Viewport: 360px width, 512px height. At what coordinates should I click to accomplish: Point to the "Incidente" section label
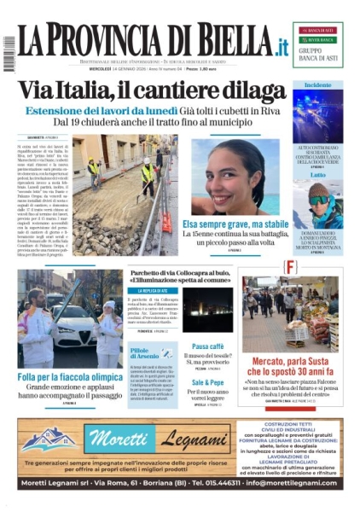[x=317, y=85]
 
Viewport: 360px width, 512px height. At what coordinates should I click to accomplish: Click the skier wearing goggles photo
[x=318, y=205]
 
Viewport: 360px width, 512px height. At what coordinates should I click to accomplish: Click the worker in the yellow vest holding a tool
[x=147, y=177]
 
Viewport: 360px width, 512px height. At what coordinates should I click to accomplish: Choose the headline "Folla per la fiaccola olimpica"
[x=70, y=376]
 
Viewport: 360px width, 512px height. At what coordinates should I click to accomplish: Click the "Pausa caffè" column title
[x=208, y=346]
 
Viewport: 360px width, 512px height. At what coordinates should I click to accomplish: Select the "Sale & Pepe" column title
[x=208, y=382]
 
